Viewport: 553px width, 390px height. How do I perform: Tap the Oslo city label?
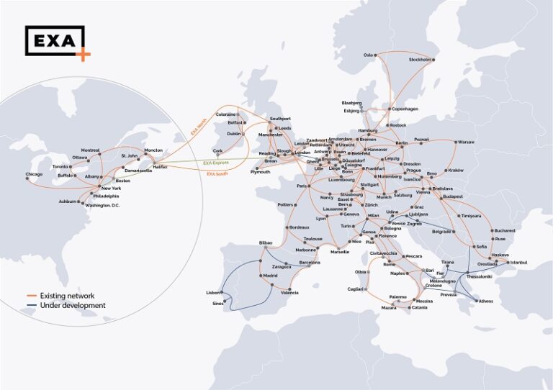click(x=369, y=55)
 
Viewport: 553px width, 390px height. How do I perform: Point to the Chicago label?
click(x=34, y=174)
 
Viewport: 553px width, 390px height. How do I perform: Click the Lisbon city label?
click(x=213, y=293)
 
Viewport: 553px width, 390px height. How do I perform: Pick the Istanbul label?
click(x=518, y=263)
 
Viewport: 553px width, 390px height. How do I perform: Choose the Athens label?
click(x=486, y=301)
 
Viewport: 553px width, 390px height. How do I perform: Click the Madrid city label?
click(x=270, y=276)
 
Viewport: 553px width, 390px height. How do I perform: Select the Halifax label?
click(x=160, y=167)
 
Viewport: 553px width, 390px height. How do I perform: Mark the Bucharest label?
click(x=505, y=230)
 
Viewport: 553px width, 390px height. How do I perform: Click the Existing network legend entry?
click(x=66, y=295)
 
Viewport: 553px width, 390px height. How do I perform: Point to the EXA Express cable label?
click(x=217, y=163)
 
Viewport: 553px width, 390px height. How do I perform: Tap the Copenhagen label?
click(x=405, y=109)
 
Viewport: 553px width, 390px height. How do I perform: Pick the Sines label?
click(x=218, y=304)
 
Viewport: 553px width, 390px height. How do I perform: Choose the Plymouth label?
click(x=260, y=172)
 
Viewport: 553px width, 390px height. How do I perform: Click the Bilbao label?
click(x=266, y=243)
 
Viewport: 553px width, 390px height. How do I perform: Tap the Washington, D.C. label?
click(x=101, y=205)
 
